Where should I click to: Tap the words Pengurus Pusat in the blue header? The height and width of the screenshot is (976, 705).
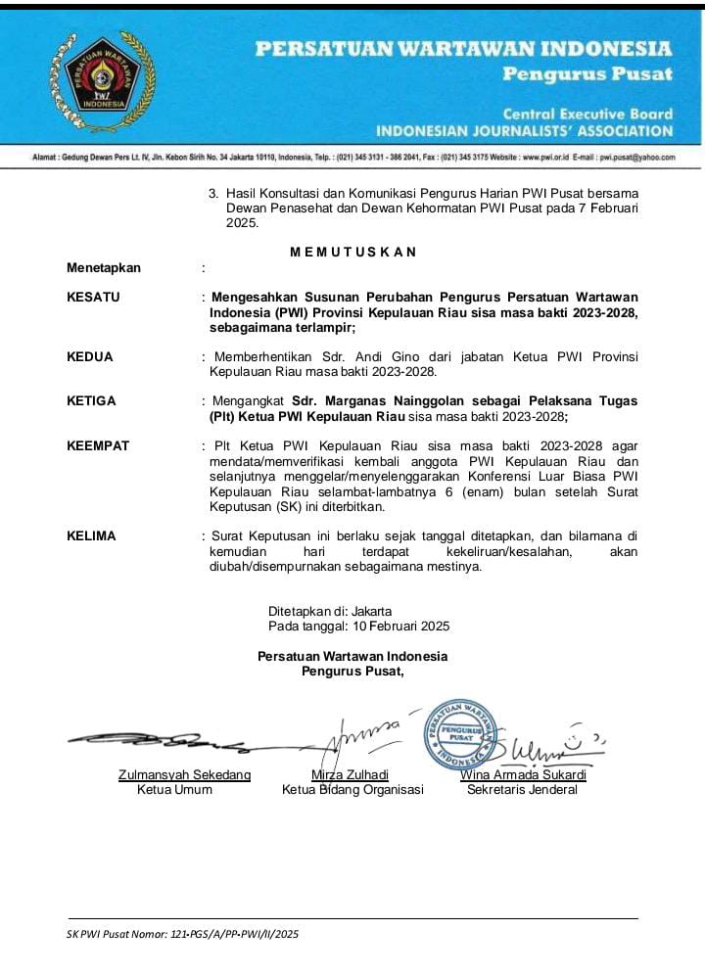(x=587, y=73)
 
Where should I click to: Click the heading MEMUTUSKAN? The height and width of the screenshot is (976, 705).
(x=353, y=252)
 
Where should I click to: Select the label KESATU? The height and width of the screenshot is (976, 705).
(x=93, y=297)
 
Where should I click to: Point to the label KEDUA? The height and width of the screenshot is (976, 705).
(x=89, y=357)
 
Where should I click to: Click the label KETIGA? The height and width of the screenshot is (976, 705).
(x=91, y=401)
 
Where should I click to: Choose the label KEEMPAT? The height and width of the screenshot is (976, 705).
(x=98, y=446)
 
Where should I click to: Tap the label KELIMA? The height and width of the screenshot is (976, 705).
(x=91, y=536)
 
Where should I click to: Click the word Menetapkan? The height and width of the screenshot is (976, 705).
(x=104, y=267)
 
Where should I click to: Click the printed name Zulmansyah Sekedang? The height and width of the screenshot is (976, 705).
(x=184, y=774)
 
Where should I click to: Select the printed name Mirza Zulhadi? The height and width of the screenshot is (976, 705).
(x=350, y=774)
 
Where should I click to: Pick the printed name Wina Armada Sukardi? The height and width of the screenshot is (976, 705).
(x=523, y=774)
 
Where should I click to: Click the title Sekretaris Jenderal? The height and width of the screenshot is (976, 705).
(x=522, y=789)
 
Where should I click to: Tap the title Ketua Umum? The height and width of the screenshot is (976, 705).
(x=174, y=789)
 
